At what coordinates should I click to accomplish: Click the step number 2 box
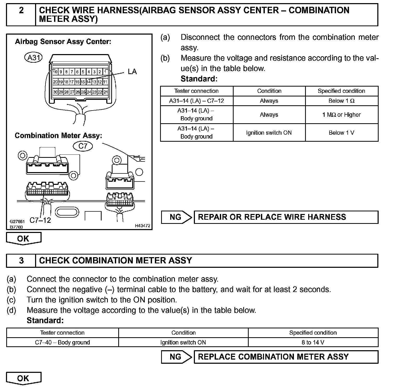(21, 15)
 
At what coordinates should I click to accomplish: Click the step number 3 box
(21, 261)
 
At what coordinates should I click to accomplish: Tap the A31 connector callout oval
(33, 57)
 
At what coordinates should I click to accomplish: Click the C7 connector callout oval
(83, 146)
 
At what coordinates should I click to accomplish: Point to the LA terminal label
(132, 72)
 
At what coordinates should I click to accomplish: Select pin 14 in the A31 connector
(89, 82)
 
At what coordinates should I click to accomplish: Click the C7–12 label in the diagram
(40, 220)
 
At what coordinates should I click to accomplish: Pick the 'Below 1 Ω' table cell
(341, 101)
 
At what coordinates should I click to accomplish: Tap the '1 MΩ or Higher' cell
(341, 115)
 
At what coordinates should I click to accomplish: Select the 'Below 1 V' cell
(341, 133)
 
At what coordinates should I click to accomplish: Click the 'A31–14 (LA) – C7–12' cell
(196, 101)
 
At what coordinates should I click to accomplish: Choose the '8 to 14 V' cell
(313, 342)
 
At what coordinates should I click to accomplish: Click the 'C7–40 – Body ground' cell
(62, 342)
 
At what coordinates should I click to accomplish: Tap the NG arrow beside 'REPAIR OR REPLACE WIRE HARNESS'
(176, 217)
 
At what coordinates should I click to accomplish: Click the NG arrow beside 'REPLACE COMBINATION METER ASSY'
(176, 357)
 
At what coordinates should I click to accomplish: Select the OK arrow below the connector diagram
(23, 238)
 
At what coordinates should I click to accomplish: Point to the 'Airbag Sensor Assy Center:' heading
(63, 42)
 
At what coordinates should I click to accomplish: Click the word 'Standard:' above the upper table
(199, 79)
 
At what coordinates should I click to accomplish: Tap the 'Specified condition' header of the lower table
(313, 333)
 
